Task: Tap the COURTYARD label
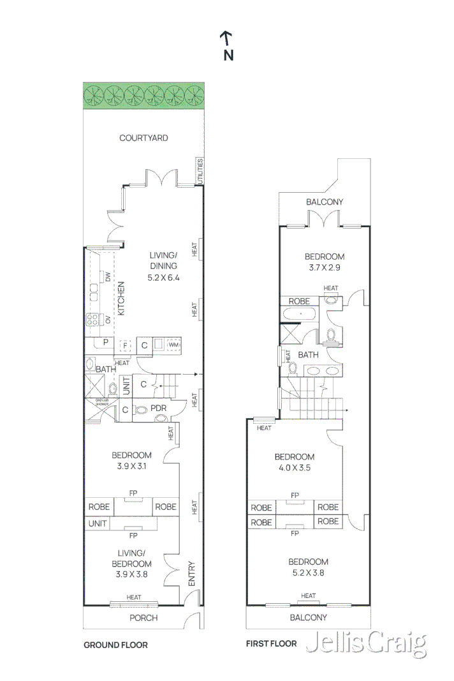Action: coord(143,137)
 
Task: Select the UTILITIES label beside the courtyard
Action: coord(200,172)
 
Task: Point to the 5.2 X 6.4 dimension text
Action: coord(164,278)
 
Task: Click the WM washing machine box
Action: coord(173,345)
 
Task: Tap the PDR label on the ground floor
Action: coord(158,408)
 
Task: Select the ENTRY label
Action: coord(191,572)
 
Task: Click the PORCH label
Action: coord(143,617)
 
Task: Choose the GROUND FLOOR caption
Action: coord(115,645)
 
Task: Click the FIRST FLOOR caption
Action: coord(271,643)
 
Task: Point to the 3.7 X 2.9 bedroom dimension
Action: coord(324,267)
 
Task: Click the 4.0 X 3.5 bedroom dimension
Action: coord(294,467)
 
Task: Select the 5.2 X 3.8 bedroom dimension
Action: coord(308,572)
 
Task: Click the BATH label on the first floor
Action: coord(308,355)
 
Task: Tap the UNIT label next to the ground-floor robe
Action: coord(97,523)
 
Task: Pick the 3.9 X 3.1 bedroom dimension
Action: coord(131,466)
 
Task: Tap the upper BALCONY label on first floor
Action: coord(324,202)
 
